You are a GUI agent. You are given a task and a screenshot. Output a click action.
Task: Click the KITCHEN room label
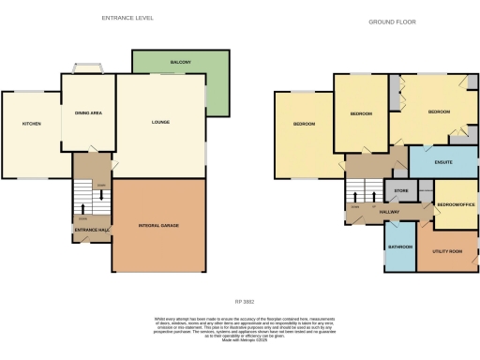(x=31, y=123)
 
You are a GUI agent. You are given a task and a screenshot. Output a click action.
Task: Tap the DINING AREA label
(x=88, y=113)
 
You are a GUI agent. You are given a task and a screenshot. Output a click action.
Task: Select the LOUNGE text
(x=159, y=123)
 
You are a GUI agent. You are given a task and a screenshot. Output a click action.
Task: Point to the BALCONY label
(x=181, y=63)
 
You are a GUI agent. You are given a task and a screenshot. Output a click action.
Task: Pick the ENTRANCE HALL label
(x=91, y=230)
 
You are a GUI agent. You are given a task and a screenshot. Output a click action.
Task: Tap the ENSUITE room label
(x=443, y=162)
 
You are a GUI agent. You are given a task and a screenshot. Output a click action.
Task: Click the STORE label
(x=401, y=191)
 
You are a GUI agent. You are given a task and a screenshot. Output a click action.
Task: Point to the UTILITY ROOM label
(x=446, y=252)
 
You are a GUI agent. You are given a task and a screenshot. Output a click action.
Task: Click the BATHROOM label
(x=400, y=247)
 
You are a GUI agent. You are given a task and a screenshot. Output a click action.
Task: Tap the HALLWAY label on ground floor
(x=389, y=213)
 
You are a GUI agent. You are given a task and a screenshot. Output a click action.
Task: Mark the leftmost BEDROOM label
(x=304, y=125)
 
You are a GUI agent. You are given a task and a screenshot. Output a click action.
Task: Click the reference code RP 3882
(x=244, y=301)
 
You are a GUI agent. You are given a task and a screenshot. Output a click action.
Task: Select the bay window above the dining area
(x=88, y=67)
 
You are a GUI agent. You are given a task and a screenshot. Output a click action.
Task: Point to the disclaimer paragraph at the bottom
(x=244, y=329)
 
